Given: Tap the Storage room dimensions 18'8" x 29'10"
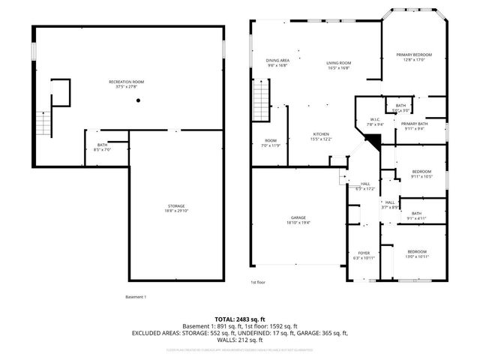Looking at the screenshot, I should tap(176, 212).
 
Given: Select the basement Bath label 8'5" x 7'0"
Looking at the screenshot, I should tap(102, 147).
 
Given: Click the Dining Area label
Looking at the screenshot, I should tap(277, 60).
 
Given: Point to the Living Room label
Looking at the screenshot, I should tap(338, 63).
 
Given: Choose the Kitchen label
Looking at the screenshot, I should tap(321, 134).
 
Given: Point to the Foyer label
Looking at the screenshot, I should tap(364, 253).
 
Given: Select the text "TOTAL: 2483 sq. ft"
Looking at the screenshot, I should tap(240, 319).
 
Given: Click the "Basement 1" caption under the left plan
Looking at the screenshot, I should tap(135, 297).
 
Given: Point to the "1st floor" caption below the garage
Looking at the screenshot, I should tap(257, 282).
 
